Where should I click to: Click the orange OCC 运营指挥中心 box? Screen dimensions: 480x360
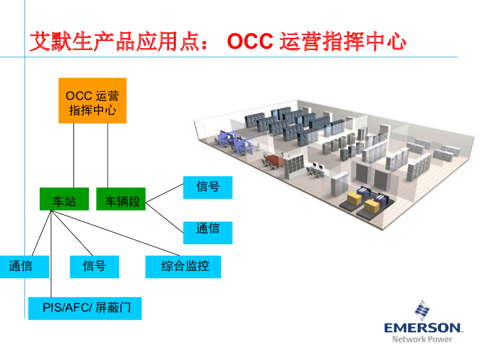click(92, 100)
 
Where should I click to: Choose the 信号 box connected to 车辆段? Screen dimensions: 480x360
click(208, 187)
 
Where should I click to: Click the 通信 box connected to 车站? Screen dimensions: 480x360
click(23, 267)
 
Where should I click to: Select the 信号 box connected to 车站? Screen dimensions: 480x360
click(94, 267)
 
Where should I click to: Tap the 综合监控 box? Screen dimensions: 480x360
click(183, 267)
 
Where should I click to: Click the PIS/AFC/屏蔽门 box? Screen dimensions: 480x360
click(85, 308)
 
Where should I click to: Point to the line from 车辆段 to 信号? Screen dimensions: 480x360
click(164, 193)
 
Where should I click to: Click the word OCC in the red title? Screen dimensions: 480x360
click(249, 42)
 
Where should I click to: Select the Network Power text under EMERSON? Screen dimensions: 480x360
click(422, 339)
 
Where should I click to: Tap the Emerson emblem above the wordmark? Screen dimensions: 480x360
click(422, 309)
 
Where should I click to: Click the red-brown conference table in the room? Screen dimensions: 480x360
click(273, 162)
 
